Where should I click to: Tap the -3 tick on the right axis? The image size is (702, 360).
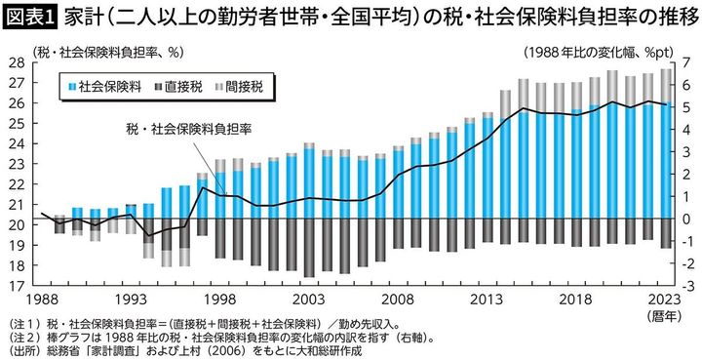684,287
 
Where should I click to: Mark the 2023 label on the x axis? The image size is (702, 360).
665,300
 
